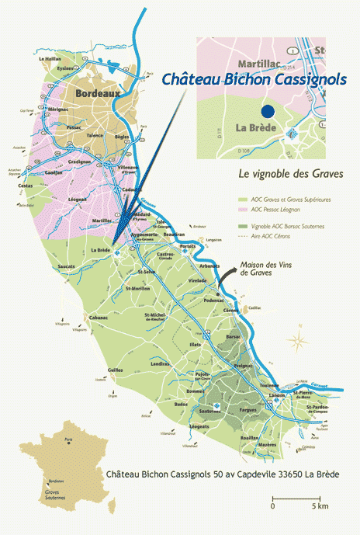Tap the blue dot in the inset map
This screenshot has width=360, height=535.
268,111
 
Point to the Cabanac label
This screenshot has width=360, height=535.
97,318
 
